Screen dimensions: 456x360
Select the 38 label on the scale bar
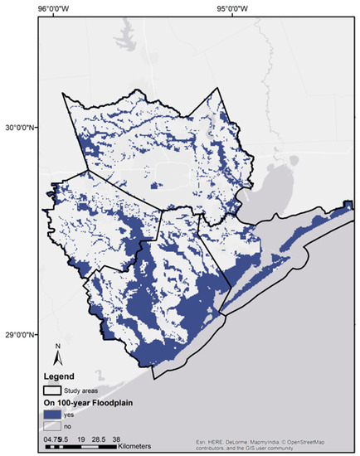(117, 437)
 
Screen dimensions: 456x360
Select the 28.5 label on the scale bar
(99, 437)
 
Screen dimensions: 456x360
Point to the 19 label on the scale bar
(81, 437)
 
